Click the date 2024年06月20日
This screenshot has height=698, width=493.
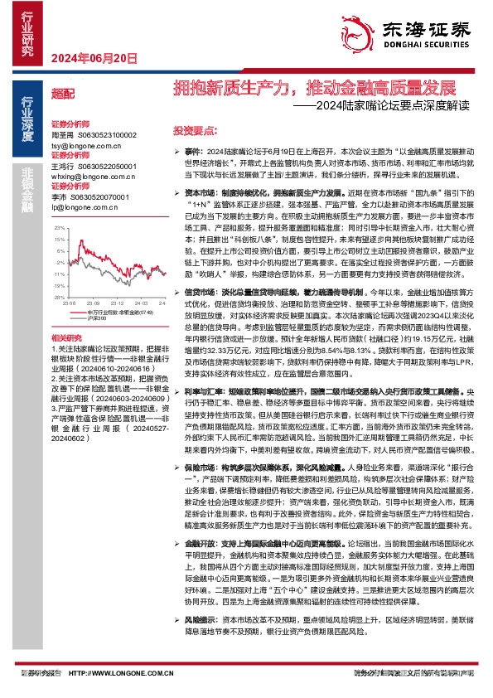[93, 57]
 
